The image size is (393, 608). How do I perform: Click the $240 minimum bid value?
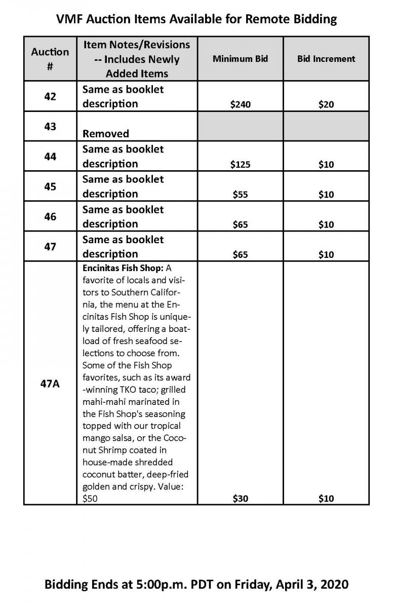point(240,104)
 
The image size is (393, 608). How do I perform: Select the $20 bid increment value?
point(326,104)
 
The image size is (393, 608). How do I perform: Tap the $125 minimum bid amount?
point(240,164)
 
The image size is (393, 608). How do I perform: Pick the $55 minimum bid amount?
point(240,194)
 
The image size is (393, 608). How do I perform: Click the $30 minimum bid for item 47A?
point(240,499)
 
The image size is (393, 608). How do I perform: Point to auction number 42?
point(50,96)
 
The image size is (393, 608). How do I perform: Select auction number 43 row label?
point(50,126)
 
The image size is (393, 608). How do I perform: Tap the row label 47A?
point(50,384)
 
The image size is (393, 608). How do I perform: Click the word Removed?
point(106,134)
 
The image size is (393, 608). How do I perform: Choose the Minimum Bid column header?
point(240,58)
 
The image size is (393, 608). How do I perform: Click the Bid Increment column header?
point(326,58)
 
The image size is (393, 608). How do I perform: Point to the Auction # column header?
point(50,58)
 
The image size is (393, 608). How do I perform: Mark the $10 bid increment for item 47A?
point(326,499)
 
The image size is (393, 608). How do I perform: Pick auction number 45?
point(50,186)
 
